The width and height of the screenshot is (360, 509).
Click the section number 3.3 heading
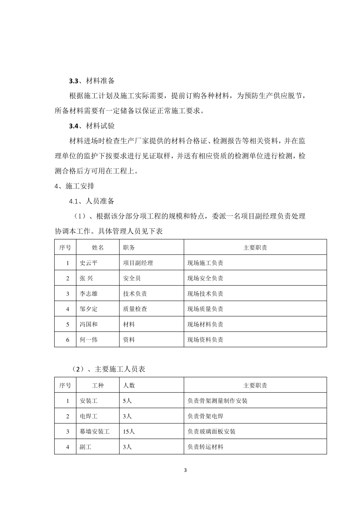74,81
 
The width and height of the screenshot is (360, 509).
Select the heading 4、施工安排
75,186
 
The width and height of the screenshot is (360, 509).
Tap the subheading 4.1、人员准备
91,201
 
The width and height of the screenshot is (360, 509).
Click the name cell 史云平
89,263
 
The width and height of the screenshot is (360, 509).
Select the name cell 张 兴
86,278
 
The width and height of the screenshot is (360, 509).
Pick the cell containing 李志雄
89,294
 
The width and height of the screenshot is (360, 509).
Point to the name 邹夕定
89,309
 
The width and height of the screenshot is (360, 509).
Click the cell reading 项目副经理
138,263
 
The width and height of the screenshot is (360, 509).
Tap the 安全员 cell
132,278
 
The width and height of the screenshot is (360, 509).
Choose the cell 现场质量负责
205,309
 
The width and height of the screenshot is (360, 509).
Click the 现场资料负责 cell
205,340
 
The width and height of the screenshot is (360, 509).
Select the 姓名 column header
98,248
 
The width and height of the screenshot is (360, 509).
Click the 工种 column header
98,386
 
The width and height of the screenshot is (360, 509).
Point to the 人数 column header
129,386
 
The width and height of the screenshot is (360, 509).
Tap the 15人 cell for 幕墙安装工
129,431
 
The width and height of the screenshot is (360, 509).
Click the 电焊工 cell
89,416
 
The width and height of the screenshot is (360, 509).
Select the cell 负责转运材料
205,447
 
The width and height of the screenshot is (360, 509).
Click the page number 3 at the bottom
185,470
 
